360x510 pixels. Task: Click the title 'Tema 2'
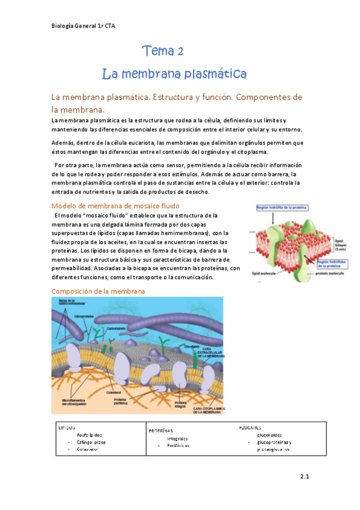tap(163, 51)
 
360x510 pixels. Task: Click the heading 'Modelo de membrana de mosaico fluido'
tap(112, 206)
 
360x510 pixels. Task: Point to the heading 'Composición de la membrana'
tap(98, 291)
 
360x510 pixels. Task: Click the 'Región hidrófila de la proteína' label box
tap(282, 207)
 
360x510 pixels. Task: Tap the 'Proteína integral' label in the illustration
tap(181, 405)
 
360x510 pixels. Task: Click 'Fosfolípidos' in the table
tap(90, 434)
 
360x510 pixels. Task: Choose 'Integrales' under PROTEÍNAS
tap(177, 438)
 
